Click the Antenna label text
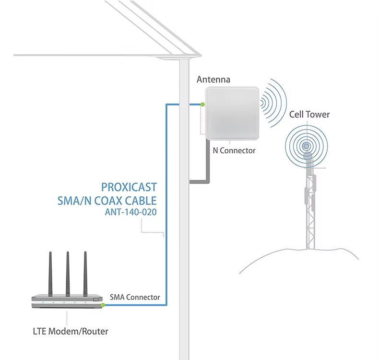point(213,80)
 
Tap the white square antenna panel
point(232,113)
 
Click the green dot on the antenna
point(202,105)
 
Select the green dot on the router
point(103,305)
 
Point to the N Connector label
point(234,150)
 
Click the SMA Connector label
point(135,297)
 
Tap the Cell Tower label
point(309,114)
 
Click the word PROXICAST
point(129,187)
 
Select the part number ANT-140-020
point(131,212)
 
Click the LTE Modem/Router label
point(71,331)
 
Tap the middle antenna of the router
point(68,274)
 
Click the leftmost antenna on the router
point(50,274)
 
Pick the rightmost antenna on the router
point(85,274)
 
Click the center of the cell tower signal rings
point(306,146)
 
